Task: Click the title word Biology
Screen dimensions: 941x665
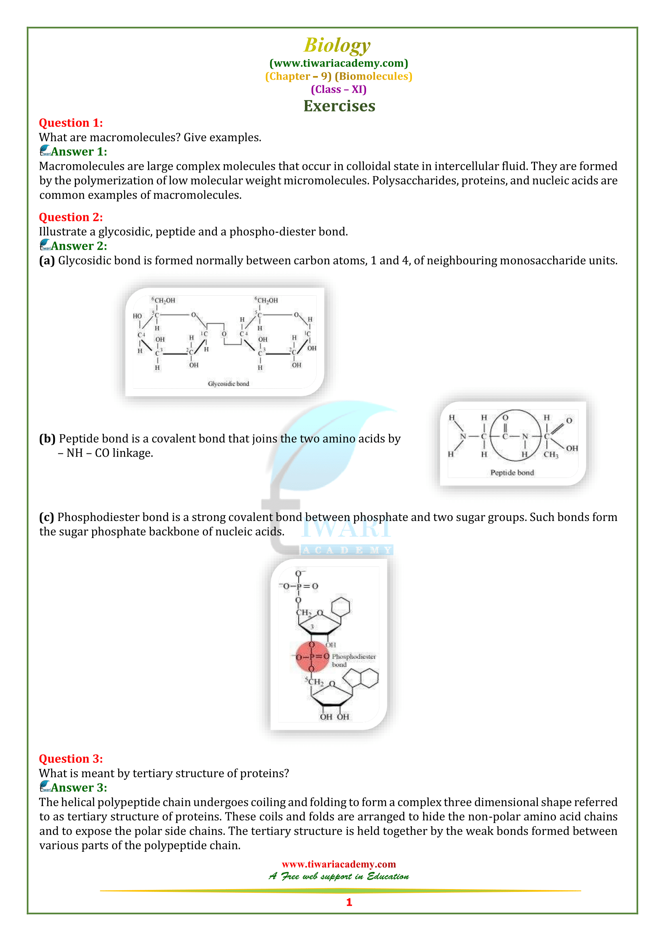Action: point(337,45)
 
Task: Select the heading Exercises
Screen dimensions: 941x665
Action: point(339,106)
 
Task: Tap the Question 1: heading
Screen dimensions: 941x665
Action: point(70,123)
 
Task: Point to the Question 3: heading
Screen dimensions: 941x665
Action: point(70,759)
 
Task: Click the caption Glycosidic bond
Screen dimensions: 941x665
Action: point(228,384)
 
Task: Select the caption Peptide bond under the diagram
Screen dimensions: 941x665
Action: point(512,473)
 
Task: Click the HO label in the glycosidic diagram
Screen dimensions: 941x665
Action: point(137,316)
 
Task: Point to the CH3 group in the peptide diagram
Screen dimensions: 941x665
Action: point(551,455)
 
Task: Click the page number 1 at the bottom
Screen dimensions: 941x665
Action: point(349,902)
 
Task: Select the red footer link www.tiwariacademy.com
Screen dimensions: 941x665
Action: point(338,864)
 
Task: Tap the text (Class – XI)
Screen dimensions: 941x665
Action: point(338,89)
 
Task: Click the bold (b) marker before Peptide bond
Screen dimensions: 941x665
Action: point(47,439)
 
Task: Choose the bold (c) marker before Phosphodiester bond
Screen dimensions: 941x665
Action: point(46,517)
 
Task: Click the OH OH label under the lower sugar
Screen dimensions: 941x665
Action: point(334,717)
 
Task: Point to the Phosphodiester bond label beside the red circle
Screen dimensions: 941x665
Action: point(353,660)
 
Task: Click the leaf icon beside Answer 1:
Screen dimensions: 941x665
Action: point(45,151)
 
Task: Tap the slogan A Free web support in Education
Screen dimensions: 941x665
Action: point(338,876)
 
